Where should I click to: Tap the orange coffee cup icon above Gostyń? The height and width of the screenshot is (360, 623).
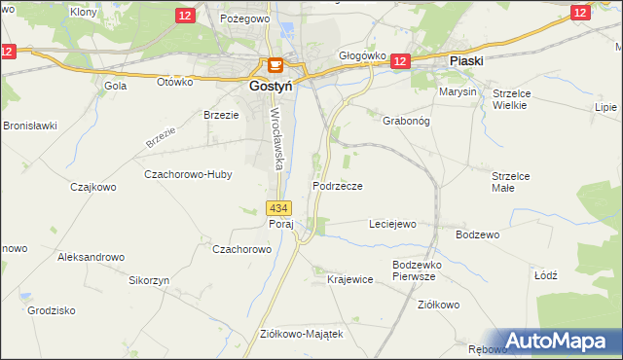pos(275,66)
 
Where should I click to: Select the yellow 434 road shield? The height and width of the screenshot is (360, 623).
pos(278,208)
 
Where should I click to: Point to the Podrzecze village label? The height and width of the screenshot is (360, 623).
pos(338,186)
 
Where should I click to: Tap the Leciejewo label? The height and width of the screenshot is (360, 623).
pos(392,224)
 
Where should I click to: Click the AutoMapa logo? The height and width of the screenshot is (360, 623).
pos(557,341)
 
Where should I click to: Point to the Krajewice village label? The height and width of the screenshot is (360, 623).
pos(350,279)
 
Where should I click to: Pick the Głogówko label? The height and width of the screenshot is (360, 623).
pos(362,56)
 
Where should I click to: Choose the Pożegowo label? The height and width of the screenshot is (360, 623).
pos(243,18)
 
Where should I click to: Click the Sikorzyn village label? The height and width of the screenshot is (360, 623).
pos(150,280)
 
